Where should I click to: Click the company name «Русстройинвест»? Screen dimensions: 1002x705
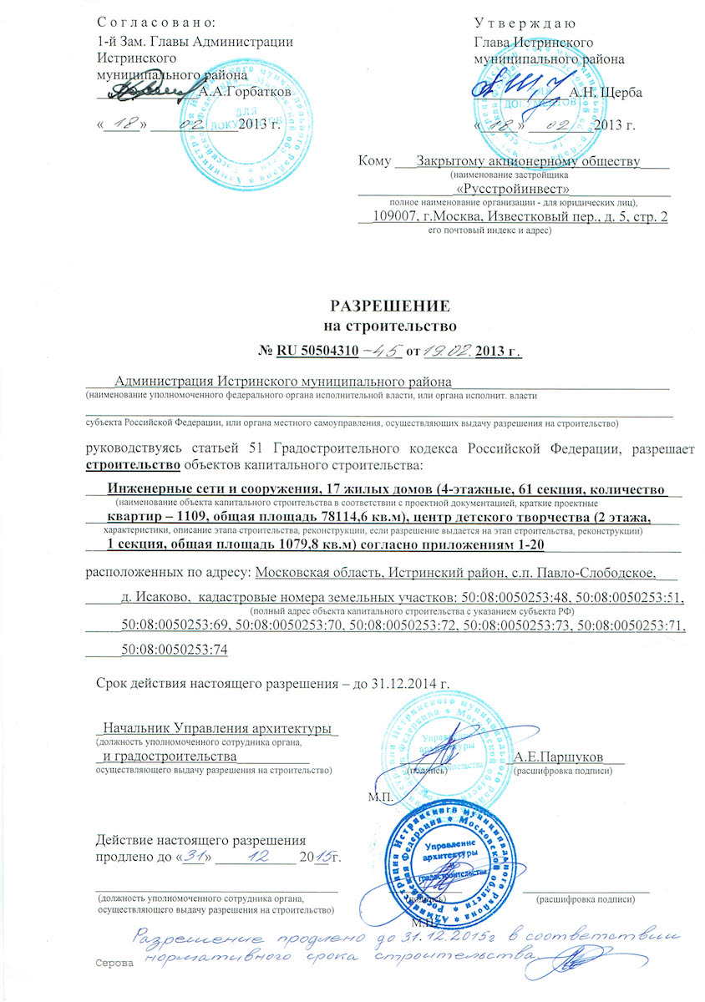tap(513, 189)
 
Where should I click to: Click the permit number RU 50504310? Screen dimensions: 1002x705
tap(319, 351)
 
